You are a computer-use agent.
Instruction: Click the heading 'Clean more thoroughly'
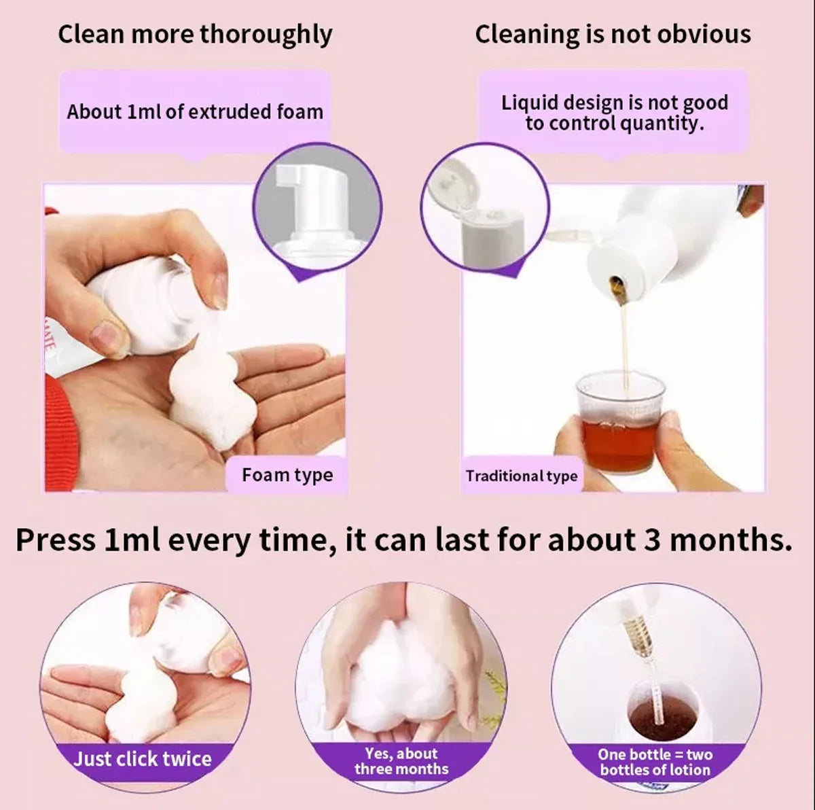click(x=195, y=35)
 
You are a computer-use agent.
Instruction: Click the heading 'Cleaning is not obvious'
click(x=613, y=35)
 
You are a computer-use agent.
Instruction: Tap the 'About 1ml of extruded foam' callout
click(x=195, y=111)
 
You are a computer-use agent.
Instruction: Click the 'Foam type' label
click(x=287, y=474)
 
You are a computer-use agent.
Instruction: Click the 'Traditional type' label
click(x=521, y=476)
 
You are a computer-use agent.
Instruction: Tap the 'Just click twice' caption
click(x=143, y=758)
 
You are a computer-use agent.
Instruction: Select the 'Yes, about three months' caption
click(x=401, y=761)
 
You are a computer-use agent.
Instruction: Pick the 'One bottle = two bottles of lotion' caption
click(x=655, y=762)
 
